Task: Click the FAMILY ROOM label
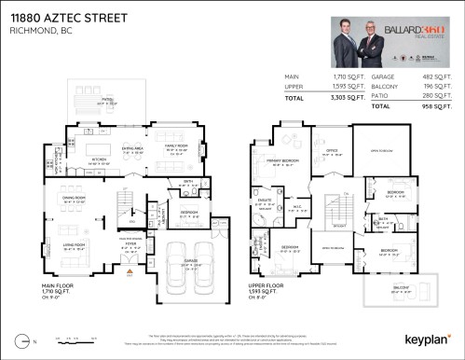coord(175,145)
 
